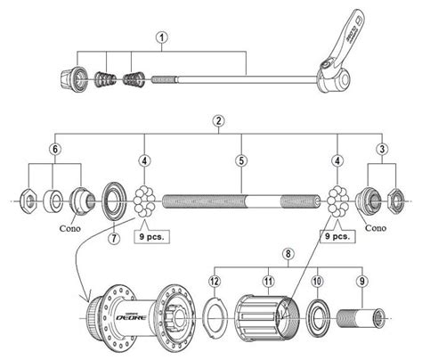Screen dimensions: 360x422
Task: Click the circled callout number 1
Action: [x=161, y=37]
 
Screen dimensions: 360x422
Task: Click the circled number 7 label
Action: [x=113, y=238]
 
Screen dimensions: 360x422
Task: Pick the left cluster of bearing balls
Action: [x=146, y=200]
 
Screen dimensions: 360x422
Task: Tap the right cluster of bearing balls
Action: [x=337, y=200]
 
